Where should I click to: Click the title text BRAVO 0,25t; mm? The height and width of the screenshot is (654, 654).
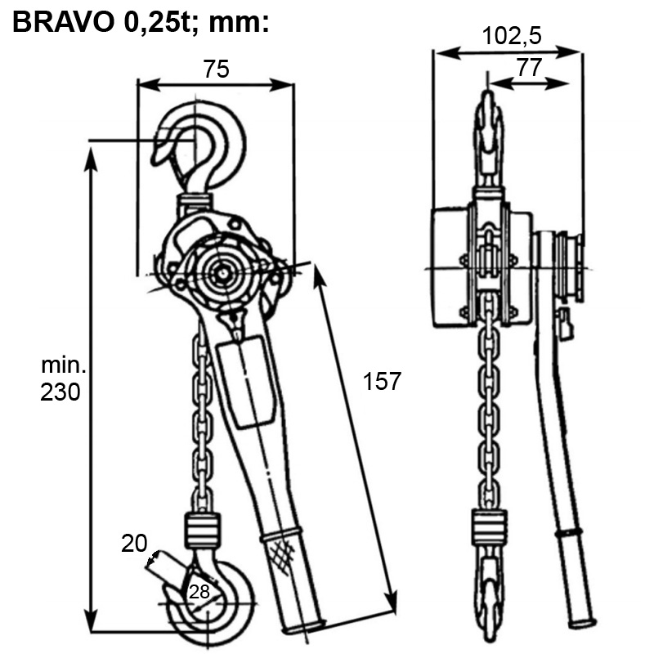click(141, 22)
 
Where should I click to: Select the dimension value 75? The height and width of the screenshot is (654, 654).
click(216, 69)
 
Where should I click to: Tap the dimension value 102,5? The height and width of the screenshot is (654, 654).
click(511, 35)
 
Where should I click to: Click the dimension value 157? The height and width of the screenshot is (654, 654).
click(381, 381)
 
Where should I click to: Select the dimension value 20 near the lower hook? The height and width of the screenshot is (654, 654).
click(135, 543)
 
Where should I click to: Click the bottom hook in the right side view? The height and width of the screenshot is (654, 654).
click(489, 597)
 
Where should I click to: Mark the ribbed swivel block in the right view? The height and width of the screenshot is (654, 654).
click(489, 526)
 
